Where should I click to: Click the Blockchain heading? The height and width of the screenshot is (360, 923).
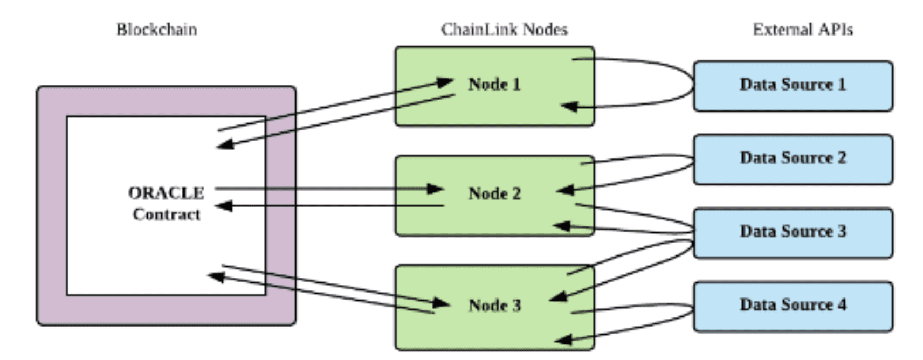click(156, 30)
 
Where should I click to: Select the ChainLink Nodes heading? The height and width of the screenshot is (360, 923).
click(504, 30)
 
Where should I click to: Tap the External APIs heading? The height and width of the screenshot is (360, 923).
click(803, 30)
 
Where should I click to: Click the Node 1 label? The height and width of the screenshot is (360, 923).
click(494, 85)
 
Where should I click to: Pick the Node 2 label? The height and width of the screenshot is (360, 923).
click(494, 193)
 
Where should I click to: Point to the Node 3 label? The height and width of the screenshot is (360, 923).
click(494, 305)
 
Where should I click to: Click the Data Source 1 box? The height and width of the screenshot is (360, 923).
click(793, 86)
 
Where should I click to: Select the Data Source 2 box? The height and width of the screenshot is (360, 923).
click(793, 160)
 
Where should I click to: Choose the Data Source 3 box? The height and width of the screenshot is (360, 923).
click(793, 233)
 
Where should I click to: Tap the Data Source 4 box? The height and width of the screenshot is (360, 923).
click(793, 307)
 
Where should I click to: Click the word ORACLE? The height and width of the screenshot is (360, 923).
click(166, 193)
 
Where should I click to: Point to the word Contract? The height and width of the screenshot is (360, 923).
click(167, 214)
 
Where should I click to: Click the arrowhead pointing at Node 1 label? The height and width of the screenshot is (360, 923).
click(445, 82)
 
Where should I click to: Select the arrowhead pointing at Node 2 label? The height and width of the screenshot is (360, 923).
click(435, 189)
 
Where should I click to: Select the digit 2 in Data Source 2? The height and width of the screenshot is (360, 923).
click(842, 158)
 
